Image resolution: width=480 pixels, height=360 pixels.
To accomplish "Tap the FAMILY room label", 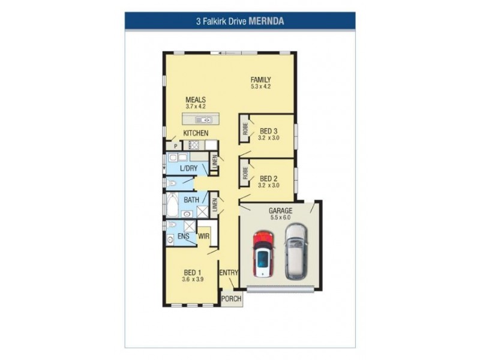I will (261, 80).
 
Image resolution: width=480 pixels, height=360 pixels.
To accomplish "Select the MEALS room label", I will (196, 100).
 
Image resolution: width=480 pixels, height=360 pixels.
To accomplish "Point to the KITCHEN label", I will (196, 133).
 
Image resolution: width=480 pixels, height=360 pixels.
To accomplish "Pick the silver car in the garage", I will (296, 251).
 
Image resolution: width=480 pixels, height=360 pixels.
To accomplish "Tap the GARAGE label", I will (280, 211).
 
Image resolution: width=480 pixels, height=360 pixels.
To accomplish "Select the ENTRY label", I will (229, 273).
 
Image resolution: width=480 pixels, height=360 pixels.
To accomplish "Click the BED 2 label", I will (268, 178).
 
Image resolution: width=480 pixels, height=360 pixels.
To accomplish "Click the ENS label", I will (183, 237).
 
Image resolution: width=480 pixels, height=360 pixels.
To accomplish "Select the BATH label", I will (191, 200).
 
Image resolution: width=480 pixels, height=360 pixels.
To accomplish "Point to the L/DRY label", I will (188, 168).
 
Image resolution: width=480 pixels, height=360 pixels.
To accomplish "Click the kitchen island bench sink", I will (202, 119).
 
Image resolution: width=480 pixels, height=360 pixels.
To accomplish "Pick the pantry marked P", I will (176, 146).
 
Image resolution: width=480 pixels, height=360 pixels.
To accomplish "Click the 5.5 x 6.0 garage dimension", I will (280, 218).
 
